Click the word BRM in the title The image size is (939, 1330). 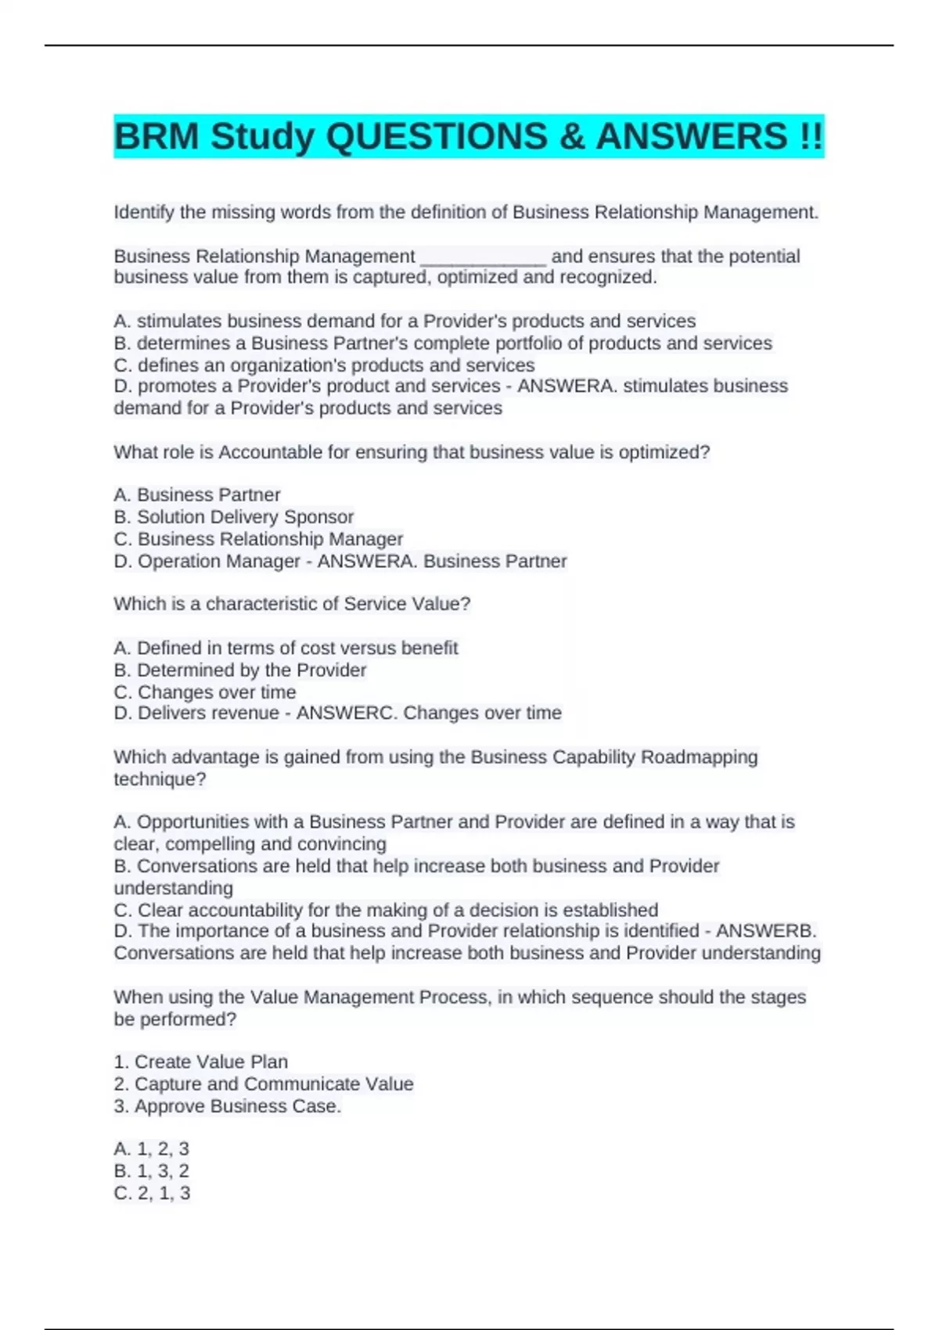point(156,137)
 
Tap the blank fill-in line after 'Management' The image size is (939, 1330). point(483,258)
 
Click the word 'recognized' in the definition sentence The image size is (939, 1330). point(606,278)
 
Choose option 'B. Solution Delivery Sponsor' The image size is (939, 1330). point(233,517)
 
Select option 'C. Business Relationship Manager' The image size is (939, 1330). point(258,539)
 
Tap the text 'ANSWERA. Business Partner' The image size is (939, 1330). point(441,561)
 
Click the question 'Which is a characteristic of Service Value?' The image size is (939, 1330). point(292,604)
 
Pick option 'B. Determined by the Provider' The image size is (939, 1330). point(239,670)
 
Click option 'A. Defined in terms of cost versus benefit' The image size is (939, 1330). point(286,648)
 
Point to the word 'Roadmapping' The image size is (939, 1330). point(699,757)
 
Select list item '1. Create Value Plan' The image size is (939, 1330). point(200,1062)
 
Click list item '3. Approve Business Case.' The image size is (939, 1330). point(227,1106)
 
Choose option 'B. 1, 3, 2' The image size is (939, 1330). point(151,1171)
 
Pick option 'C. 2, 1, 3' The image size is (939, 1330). point(151,1193)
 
